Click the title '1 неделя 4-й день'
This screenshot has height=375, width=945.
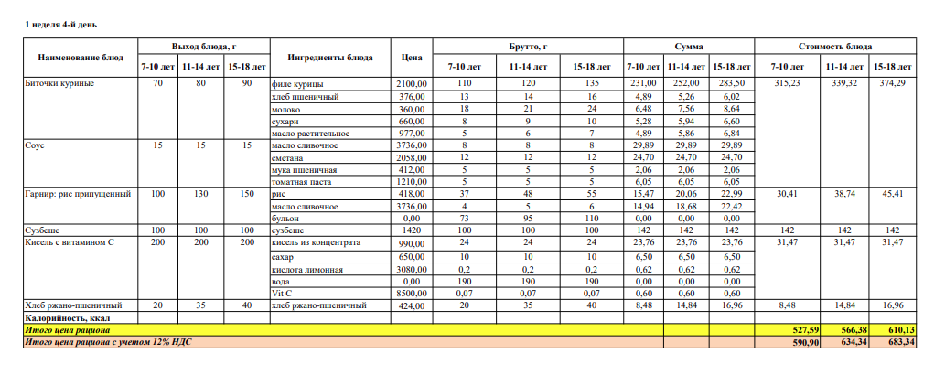tap(61, 24)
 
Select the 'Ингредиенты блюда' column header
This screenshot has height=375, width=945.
tap(330, 57)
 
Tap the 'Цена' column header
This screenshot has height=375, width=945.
tap(411, 57)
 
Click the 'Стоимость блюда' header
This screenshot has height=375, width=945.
tap(834, 46)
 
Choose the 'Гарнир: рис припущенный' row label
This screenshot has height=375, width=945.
tap(78, 194)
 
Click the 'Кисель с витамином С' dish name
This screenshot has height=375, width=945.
tap(69, 242)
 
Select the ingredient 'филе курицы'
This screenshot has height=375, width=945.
tap(299, 83)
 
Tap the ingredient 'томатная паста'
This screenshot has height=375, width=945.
tap(304, 182)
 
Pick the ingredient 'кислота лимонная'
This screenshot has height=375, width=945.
tap(308, 269)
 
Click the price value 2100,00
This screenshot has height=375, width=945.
tap(411, 83)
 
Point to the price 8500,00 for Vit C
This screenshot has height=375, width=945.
tap(411, 293)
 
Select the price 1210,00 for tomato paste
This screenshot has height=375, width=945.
tap(411, 182)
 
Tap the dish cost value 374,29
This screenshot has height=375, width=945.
tap(891, 83)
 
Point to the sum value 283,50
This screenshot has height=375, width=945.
tap(731, 83)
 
